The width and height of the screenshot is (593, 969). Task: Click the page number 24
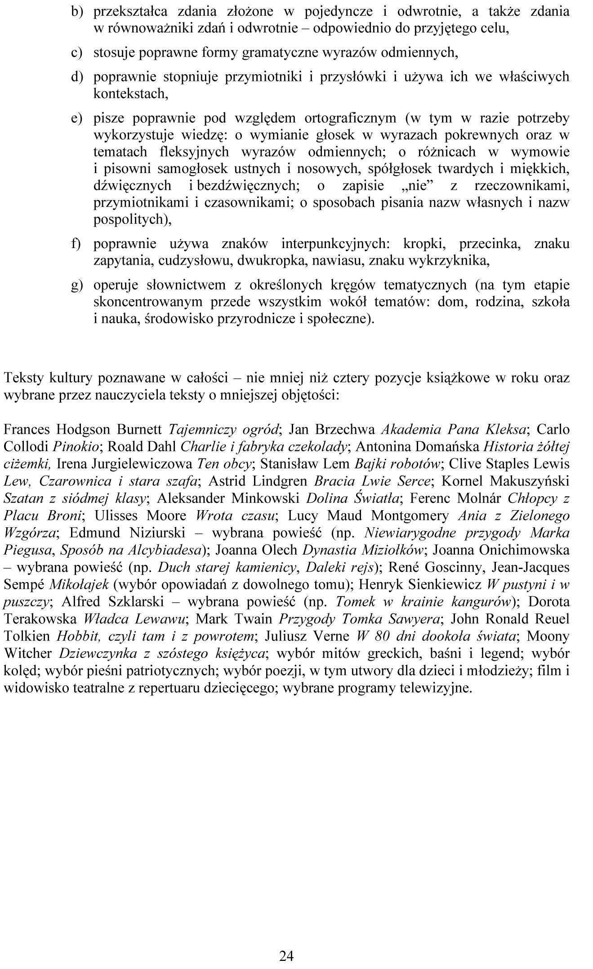286,956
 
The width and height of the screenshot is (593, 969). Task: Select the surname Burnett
139,429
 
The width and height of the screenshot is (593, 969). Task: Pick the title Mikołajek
79,584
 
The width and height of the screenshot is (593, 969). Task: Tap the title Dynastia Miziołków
363,550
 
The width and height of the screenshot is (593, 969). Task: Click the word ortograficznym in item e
350,118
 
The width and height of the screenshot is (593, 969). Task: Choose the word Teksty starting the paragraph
23,378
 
